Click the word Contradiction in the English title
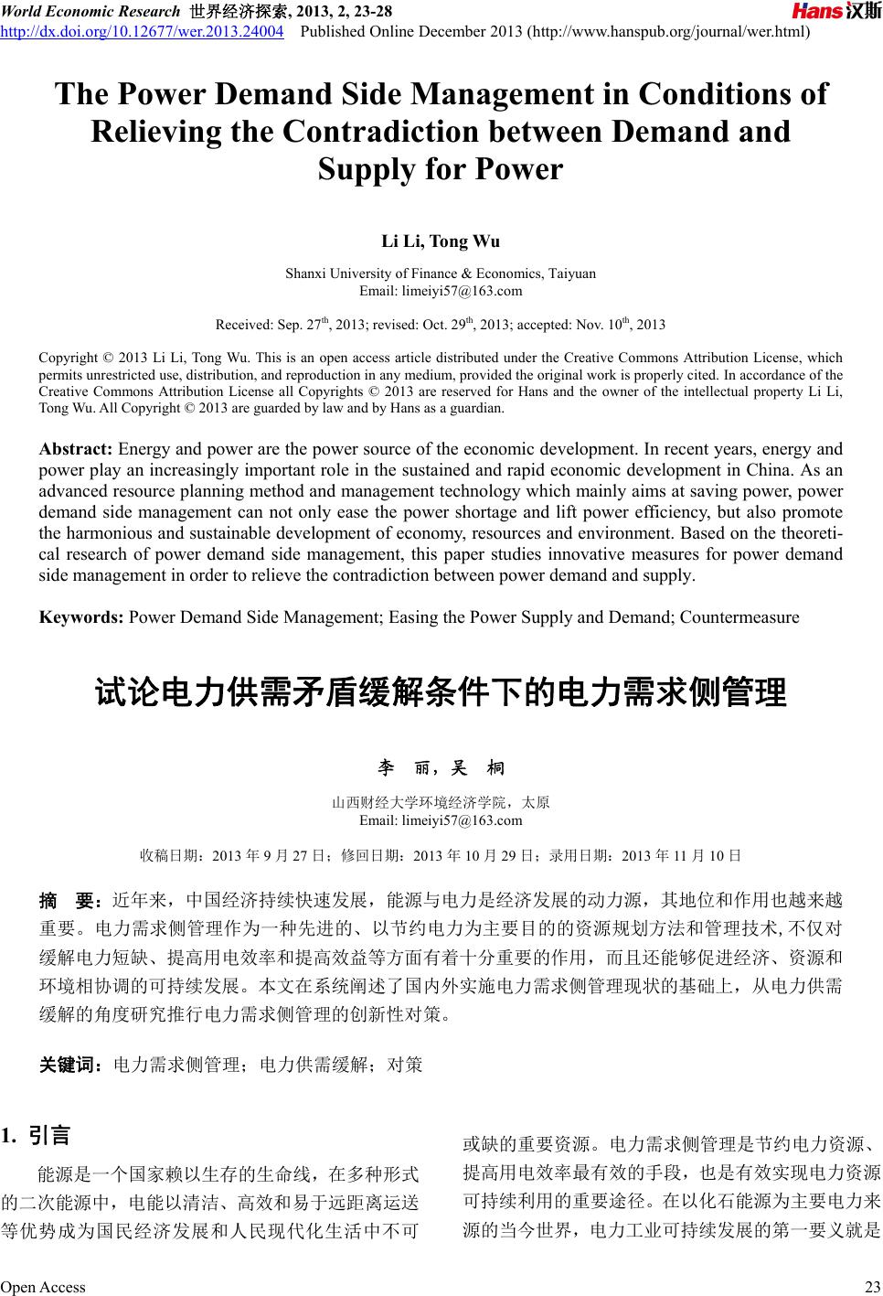pos(380,132)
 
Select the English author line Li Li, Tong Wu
pos(441,242)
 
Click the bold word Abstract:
pos(76,449)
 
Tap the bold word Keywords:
pos(81,616)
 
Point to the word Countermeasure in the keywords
pos(739,616)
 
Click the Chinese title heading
pos(441,692)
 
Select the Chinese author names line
pos(441,767)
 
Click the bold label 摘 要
pos(69,901)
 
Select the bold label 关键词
pos(70,1065)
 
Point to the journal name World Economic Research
pos(90,12)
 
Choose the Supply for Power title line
pos(441,170)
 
